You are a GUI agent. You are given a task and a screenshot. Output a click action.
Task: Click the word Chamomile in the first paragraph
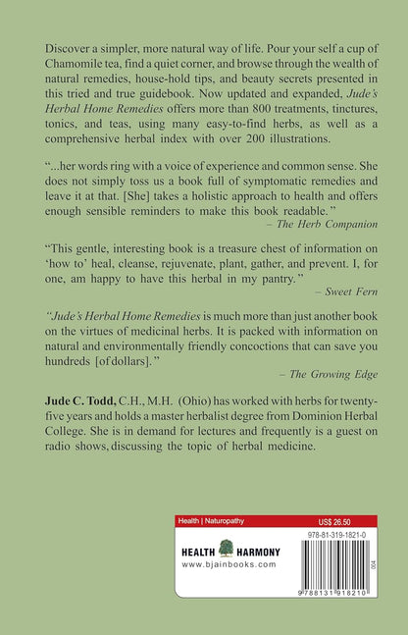[x=75, y=64]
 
